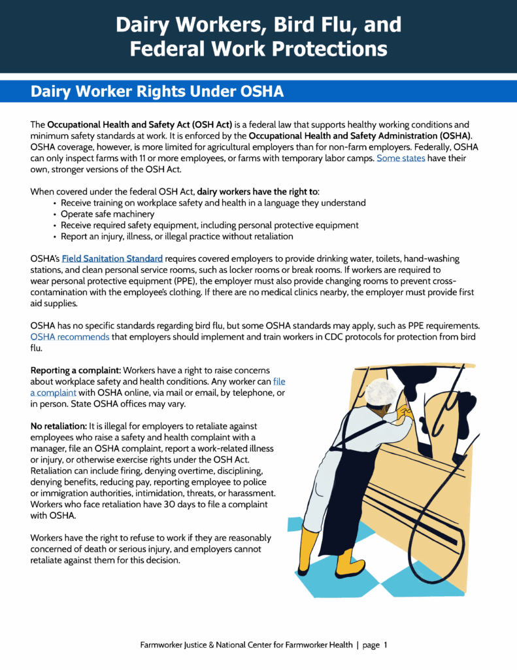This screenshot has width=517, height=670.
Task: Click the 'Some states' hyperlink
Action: point(401,158)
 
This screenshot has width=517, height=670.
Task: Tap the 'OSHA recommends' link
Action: point(70,337)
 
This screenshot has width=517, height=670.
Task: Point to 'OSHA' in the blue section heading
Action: point(259,92)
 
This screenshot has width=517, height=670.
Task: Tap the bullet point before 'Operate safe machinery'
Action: point(54,214)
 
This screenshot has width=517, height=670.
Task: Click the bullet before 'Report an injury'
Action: point(54,236)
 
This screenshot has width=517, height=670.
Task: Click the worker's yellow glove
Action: point(406,413)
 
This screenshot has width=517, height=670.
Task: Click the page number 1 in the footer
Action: point(386,645)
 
